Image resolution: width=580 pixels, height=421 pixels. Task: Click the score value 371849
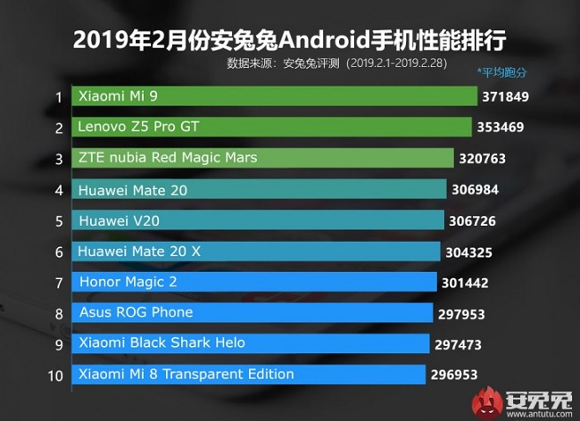(x=510, y=96)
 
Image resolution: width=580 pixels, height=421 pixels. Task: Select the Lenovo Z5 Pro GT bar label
(x=138, y=127)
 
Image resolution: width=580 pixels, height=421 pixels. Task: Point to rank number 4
(x=58, y=190)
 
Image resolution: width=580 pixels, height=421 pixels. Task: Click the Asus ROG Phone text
(x=136, y=312)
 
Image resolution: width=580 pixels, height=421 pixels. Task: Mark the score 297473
(x=463, y=343)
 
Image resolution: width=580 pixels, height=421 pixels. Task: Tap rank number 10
(x=55, y=375)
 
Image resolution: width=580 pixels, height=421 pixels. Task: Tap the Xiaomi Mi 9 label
(x=119, y=95)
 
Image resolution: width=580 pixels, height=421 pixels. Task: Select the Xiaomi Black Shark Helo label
(x=162, y=343)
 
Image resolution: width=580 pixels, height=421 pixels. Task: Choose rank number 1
(x=58, y=96)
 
